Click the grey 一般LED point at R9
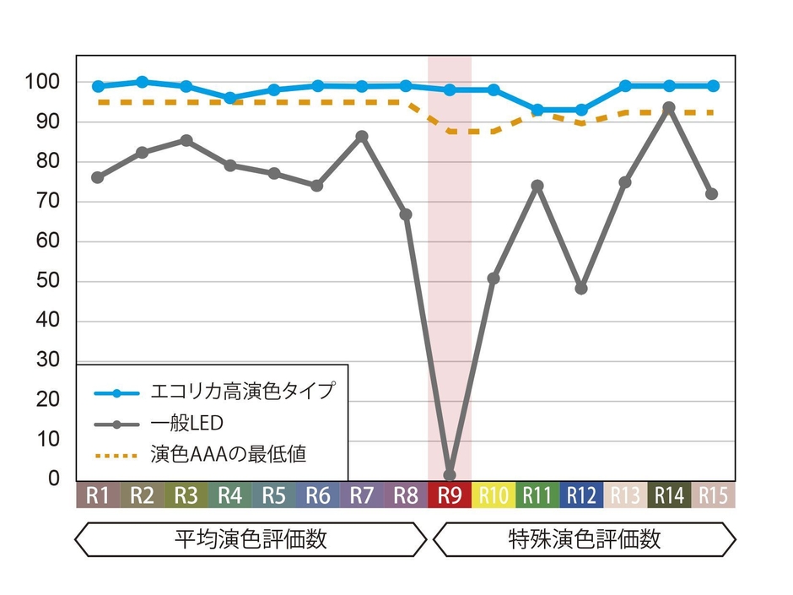(450, 475)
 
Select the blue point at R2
(142, 82)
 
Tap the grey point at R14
(669, 108)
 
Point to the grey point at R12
(581, 288)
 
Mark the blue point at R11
(537, 110)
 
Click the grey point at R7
(362, 136)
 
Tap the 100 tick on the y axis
(45, 82)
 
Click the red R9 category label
(450, 495)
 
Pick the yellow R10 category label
(494, 495)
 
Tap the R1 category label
(98, 495)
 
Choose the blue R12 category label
(581, 495)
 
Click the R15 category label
(713, 495)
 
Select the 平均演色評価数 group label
(251, 539)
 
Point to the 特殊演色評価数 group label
(585, 539)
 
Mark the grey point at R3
(186, 140)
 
